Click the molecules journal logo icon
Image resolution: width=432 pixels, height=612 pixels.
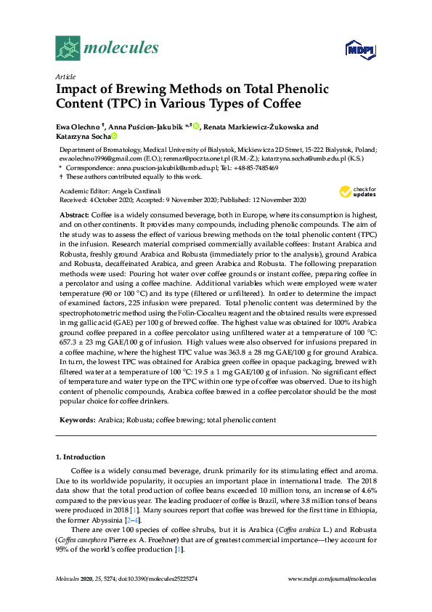[x=68, y=48]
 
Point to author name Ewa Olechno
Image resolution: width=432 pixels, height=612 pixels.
[x=78, y=126]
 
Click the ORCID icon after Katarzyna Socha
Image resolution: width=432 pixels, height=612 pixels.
[x=114, y=136]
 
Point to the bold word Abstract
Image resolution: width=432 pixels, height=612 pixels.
[x=73, y=216]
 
